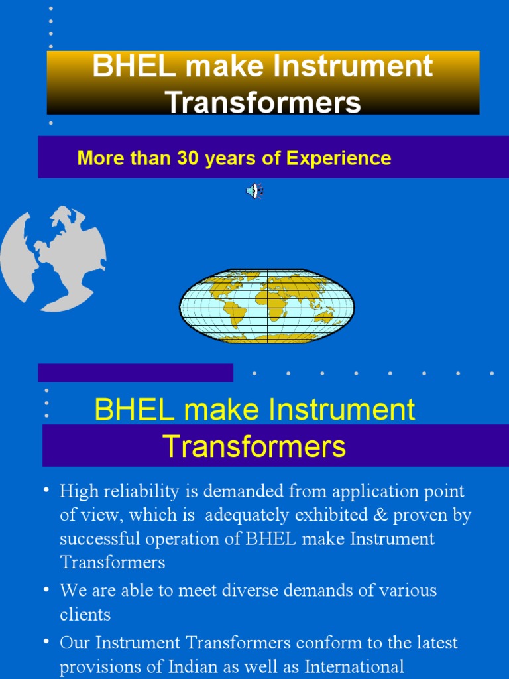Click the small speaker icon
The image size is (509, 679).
pyautogui.click(x=254, y=192)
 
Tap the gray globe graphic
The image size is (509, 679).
pyautogui.click(x=53, y=259)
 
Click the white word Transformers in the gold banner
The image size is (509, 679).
pyautogui.click(x=263, y=102)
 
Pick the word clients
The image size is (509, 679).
pyautogui.click(x=85, y=614)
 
